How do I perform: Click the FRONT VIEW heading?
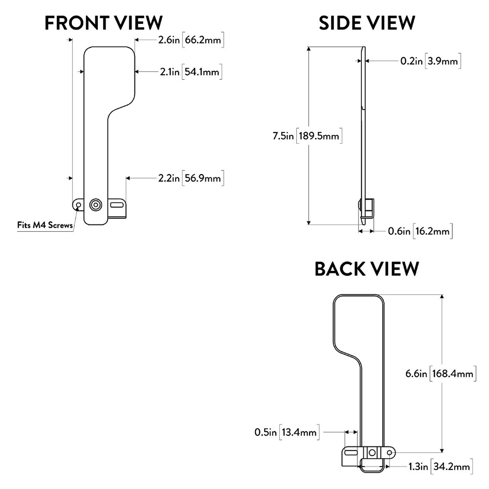pos(103,22)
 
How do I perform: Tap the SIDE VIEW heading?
pos(366,22)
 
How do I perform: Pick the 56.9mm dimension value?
pos(202,178)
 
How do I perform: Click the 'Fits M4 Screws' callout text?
pos(44,225)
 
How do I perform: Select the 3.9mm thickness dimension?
pos(443,61)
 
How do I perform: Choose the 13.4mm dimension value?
pos(300,432)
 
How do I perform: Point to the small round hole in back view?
pos(389,453)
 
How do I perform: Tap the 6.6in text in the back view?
pos(416,374)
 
